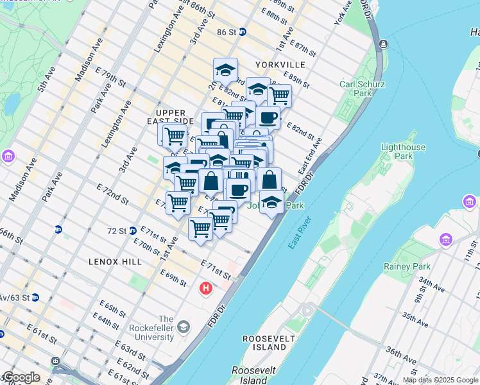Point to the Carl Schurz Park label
click(x=363, y=89)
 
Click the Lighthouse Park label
click(x=403, y=151)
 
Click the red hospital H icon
click(x=206, y=288)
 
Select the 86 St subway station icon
click(x=243, y=31)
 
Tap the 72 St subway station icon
click(x=132, y=230)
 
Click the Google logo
click(x=21, y=377)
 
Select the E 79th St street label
click(x=111, y=83)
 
